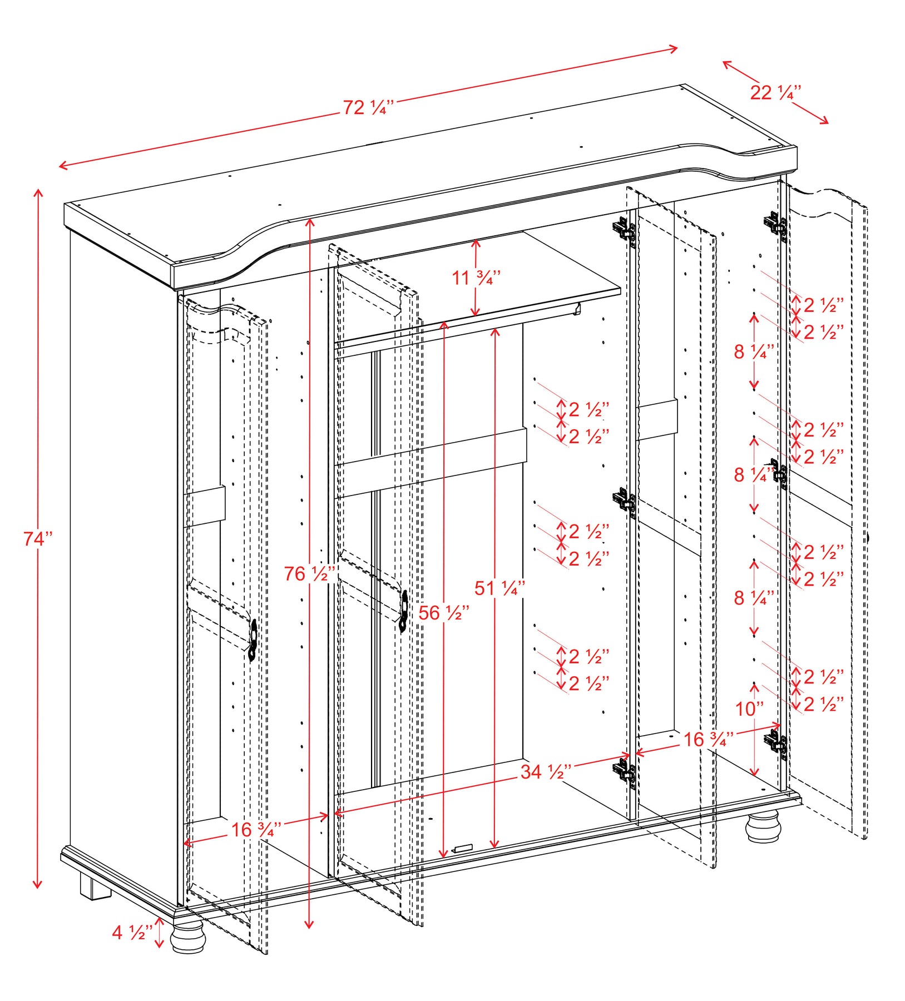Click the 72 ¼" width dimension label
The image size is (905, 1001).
[x=368, y=107]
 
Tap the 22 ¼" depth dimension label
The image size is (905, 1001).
[x=775, y=92]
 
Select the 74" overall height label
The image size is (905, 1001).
[x=38, y=538]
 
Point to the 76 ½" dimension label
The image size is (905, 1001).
[x=310, y=573]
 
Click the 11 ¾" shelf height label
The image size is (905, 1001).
[x=476, y=277]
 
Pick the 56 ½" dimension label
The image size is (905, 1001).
[x=444, y=613]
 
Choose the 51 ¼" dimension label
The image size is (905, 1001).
[x=500, y=588]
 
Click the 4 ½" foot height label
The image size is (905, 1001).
[x=132, y=932]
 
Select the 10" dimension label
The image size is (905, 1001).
[x=749, y=708]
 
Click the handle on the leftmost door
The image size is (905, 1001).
[x=253, y=640]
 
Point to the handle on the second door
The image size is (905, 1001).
[x=404, y=611]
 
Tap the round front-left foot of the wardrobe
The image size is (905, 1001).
[x=187, y=938]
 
